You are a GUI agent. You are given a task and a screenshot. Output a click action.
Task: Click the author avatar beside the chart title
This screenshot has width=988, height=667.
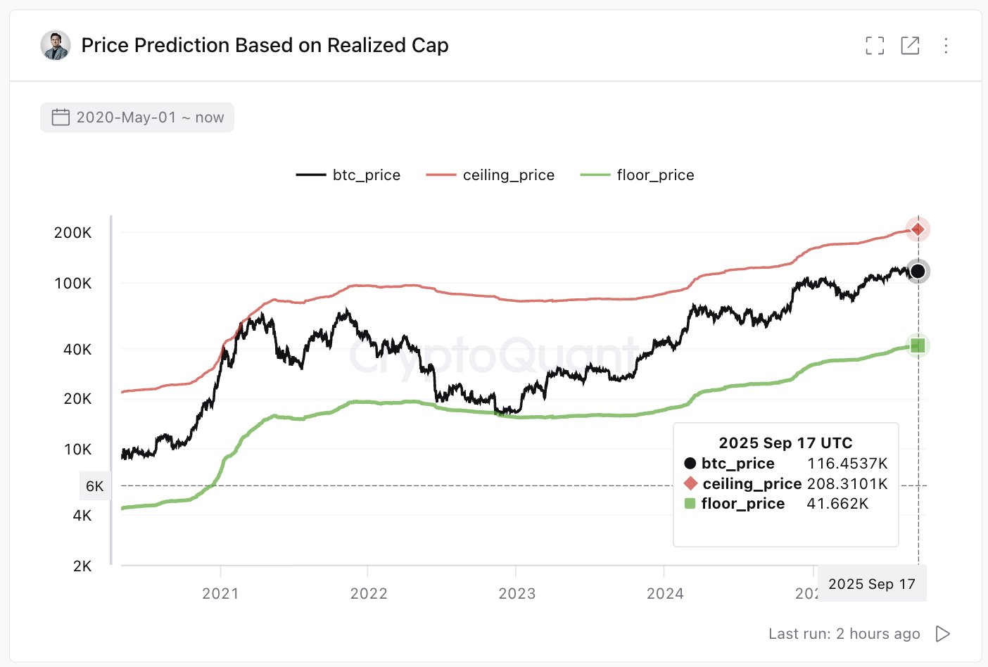point(56,46)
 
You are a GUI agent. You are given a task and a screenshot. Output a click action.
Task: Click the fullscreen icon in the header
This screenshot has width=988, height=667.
point(875,46)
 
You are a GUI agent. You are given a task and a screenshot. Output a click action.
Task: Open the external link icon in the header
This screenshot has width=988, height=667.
point(910,46)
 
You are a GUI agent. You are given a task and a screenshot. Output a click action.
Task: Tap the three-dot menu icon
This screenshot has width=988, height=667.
point(946,46)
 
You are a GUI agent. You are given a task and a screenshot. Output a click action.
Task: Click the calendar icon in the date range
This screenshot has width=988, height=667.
point(61,117)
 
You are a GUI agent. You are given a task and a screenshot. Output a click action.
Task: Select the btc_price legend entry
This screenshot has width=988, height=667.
point(348,175)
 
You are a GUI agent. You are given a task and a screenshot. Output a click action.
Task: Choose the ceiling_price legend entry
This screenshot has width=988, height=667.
point(490,175)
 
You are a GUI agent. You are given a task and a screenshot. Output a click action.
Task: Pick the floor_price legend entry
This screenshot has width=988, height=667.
point(638,175)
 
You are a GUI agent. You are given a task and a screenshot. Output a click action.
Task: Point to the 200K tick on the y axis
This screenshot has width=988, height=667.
point(72,233)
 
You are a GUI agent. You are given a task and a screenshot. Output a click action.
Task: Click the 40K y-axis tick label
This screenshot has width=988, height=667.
point(77,350)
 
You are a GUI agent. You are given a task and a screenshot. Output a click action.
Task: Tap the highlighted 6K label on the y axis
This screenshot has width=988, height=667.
point(95,486)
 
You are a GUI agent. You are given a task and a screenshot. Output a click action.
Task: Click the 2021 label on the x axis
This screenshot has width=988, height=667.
point(220,594)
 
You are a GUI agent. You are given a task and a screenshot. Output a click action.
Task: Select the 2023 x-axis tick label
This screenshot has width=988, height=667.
point(517,594)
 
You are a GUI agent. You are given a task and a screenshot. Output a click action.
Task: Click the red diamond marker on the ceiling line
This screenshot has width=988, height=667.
point(918,229)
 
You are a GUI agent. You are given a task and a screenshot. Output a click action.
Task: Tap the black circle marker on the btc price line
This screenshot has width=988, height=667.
point(918,272)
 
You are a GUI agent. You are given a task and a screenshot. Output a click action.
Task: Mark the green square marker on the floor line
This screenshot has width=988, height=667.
point(918,345)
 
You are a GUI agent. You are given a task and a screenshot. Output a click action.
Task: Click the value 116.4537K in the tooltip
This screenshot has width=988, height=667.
point(847,464)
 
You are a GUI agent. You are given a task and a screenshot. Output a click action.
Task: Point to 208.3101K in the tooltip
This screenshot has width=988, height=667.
point(847,484)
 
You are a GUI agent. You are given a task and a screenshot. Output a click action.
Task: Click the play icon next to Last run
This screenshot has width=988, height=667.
point(943,634)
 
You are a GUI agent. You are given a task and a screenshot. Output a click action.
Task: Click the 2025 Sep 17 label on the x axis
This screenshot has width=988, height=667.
point(872,584)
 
